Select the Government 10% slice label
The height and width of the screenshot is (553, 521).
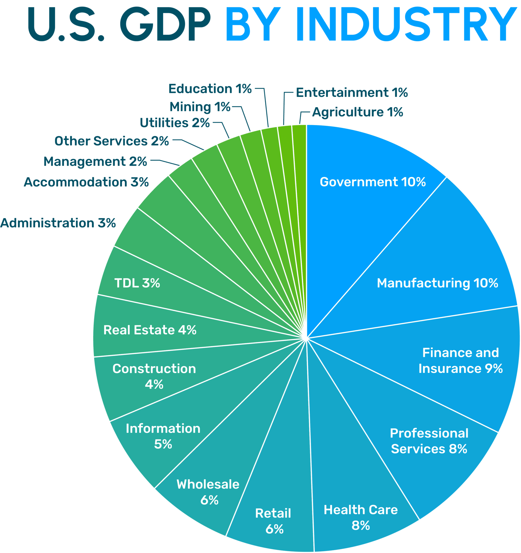coord(373,182)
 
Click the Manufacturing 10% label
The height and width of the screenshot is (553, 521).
coord(437,283)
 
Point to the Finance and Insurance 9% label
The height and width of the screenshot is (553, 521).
coord(460,361)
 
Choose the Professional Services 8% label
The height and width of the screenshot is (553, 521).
coord(429,441)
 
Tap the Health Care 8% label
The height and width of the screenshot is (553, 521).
coord(361,518)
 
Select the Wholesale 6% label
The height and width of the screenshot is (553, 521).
coord(208,492)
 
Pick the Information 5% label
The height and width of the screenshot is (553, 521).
coord(163,436)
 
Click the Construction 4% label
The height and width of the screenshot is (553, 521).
coord(154,377)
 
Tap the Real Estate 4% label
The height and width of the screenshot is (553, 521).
coord(150,330)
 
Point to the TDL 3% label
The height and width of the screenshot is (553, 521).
coord(137,283)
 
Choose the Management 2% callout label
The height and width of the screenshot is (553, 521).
coord(95,162)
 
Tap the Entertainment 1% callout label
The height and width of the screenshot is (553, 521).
coord(352,93)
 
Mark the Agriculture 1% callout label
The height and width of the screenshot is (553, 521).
coord(358,112)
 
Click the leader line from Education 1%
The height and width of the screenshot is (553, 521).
coord(266,109)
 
